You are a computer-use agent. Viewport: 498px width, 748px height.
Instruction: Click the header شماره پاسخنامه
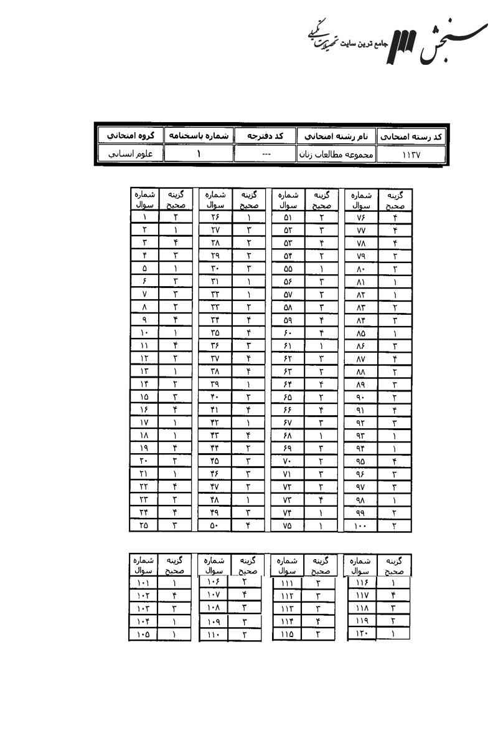click(199, 135)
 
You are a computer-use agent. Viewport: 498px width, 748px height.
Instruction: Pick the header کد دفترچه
click(265, 135)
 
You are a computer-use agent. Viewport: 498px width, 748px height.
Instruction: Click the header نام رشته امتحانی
click(336, 135)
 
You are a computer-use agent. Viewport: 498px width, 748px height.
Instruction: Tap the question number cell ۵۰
click(215, 525)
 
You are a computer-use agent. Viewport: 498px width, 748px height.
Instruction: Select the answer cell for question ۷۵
click(322, 525)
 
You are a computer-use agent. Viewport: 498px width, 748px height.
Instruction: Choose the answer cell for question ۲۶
click(248, 218)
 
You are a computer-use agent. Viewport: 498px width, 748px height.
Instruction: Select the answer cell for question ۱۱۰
click(245, 634)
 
